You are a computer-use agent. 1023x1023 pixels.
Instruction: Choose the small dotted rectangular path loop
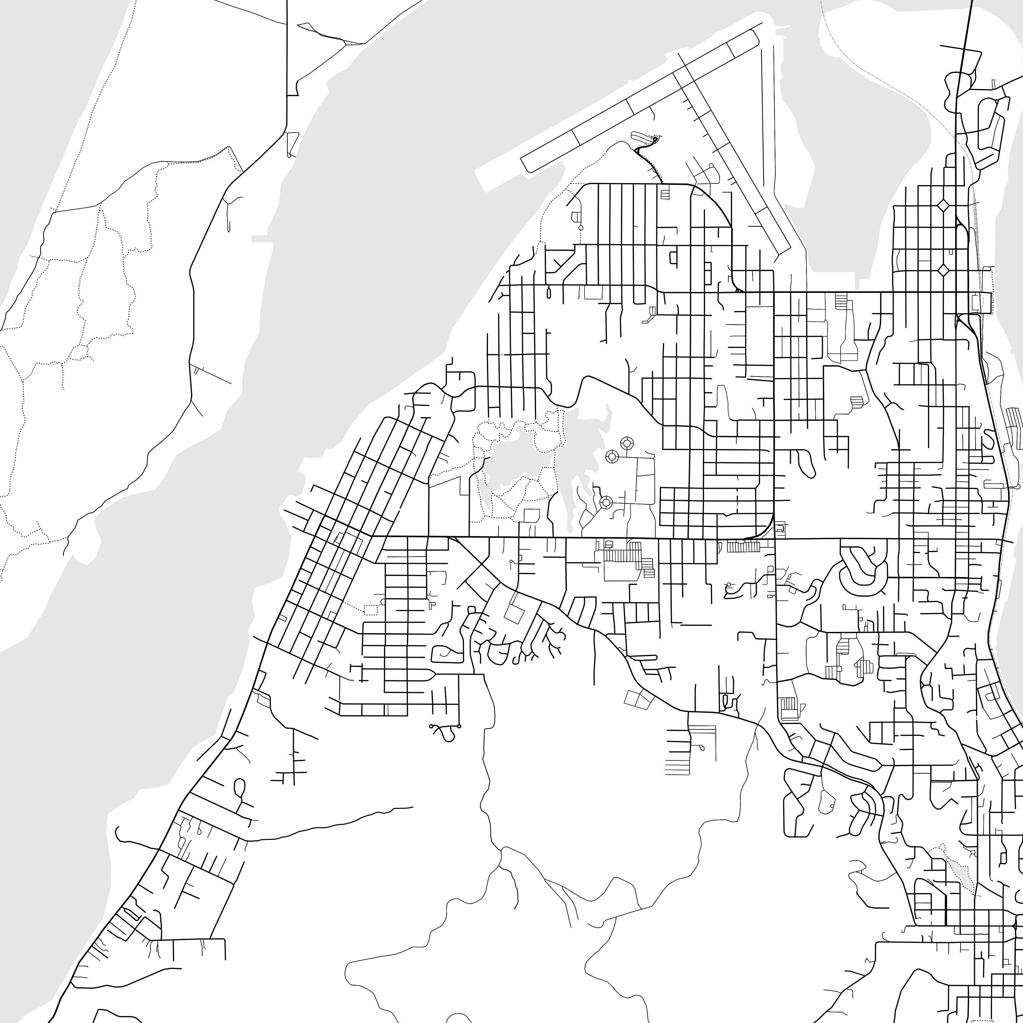point(371,609)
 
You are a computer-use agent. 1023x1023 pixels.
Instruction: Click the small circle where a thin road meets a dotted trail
point(580,228)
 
